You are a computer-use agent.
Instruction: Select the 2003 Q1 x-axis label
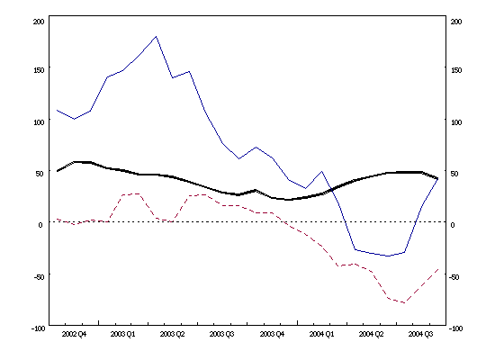coord(123,333)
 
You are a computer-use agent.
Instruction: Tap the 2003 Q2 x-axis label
coord(173,333)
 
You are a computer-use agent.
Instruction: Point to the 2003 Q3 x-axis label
coord(222,333)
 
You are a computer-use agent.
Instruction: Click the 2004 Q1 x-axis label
coord(321,333)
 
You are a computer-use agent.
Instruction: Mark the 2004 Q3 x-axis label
coord(420,333)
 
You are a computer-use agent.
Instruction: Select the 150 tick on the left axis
coord(38,69)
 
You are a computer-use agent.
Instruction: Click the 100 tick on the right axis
coord(456,121)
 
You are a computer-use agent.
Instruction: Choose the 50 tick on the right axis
coord(454,173)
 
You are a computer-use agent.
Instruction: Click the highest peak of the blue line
coord(157,37)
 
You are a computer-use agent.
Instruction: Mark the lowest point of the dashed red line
coord(404,303)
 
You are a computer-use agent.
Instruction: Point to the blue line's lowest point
coord(388,256)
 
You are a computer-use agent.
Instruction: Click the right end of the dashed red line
coord(438,268)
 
